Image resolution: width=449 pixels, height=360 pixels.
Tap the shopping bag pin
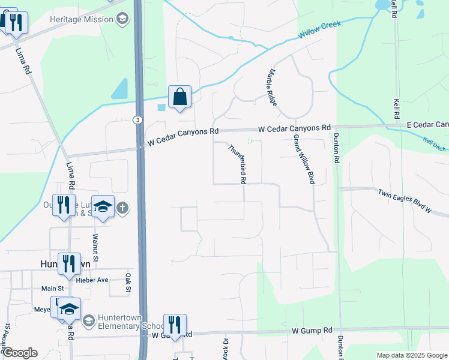click(179, 97)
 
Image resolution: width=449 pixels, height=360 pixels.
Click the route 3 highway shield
click(138, 120)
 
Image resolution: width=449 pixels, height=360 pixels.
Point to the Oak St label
click(128, 284)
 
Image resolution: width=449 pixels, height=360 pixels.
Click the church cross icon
click(122, 208)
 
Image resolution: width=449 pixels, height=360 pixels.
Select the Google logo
click(20, 353)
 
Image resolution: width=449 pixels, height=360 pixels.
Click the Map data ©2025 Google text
click(411, 355)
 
